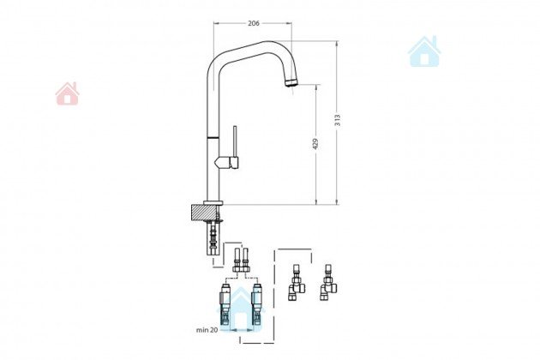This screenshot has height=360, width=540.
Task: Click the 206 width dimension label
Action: click(x=254, y=23)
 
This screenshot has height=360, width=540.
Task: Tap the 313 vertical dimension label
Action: click(x=338, y=120)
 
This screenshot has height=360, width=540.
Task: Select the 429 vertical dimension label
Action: click(x=315, y=144)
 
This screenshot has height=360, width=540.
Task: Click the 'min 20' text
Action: click(x=207, y=330)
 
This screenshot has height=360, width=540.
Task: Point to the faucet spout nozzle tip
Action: click(x=291, y=82)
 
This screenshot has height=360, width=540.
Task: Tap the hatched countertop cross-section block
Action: click(x=204, y=213)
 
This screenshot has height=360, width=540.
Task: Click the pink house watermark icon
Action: click(x=68, y=93)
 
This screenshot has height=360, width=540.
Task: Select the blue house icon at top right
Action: click(x=424, y=51)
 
